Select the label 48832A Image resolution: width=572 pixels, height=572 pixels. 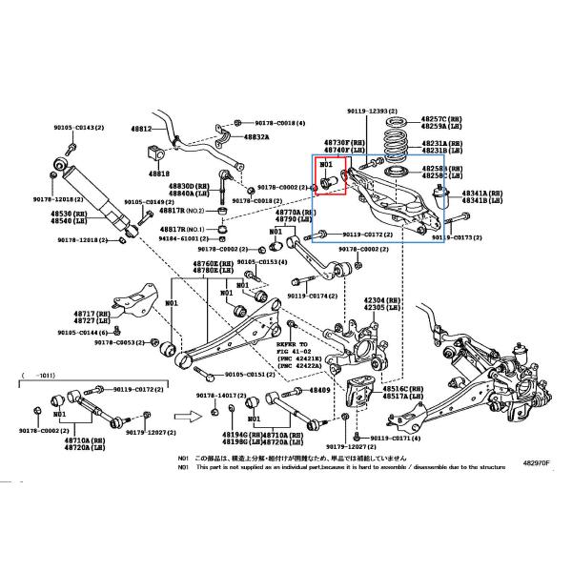coord(255,136)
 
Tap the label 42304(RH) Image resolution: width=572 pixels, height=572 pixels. coord(380,299)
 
